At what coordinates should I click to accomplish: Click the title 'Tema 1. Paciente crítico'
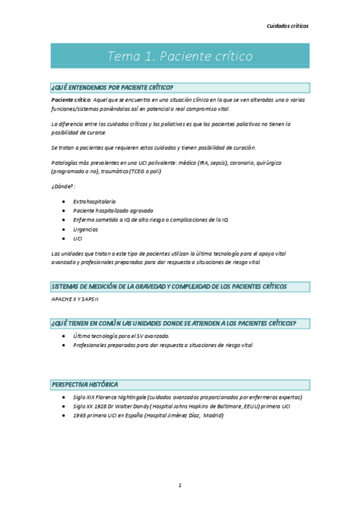coord(180,57)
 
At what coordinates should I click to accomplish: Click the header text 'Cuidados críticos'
coord(287,26)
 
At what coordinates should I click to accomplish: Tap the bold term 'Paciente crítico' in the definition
coord(70,99)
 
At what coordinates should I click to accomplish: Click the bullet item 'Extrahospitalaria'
coord(94,201)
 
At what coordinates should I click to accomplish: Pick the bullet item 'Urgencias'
coord(85,229)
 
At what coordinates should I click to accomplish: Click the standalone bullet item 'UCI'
coord(78,239)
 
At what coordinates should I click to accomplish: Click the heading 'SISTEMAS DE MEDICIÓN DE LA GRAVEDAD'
coord(169,286)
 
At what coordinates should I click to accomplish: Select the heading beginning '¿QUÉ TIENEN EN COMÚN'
coord(174,324)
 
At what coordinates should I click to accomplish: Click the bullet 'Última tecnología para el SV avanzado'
coord(121,336)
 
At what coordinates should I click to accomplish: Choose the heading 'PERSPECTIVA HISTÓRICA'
coord(85,384)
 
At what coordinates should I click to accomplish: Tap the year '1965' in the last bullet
coord(79,415)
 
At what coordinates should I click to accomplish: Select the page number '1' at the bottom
coord(180,485)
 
